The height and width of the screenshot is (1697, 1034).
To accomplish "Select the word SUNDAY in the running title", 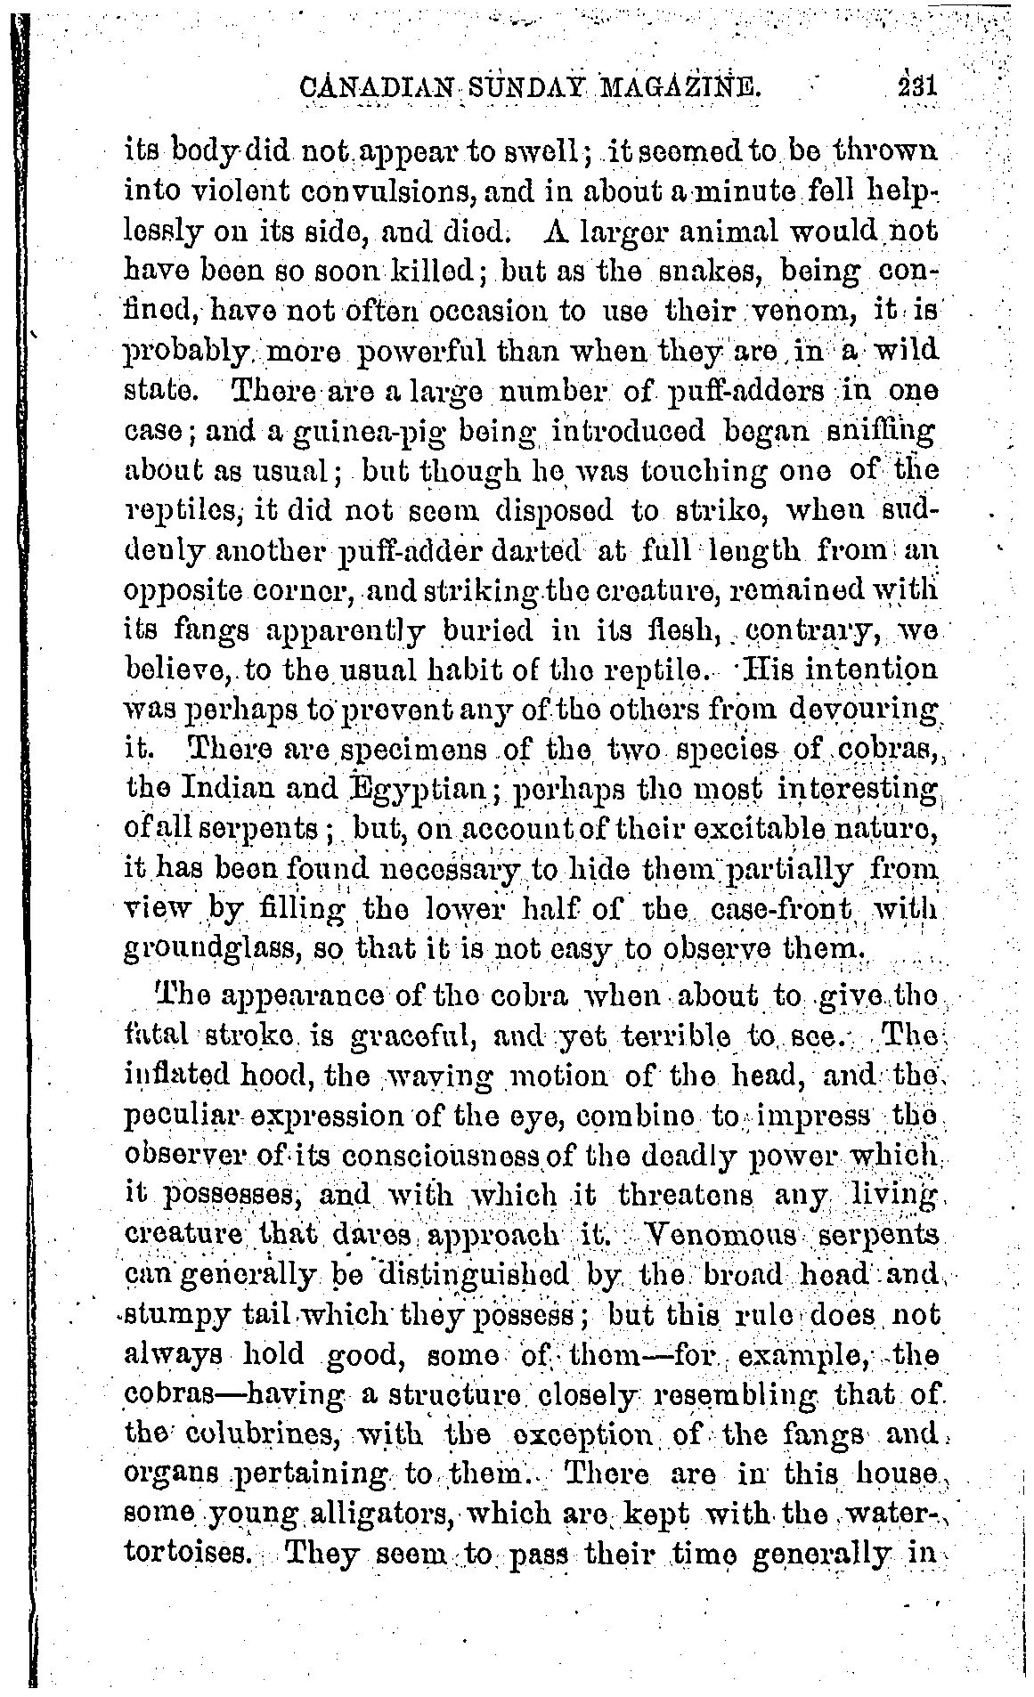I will click(519, 90).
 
